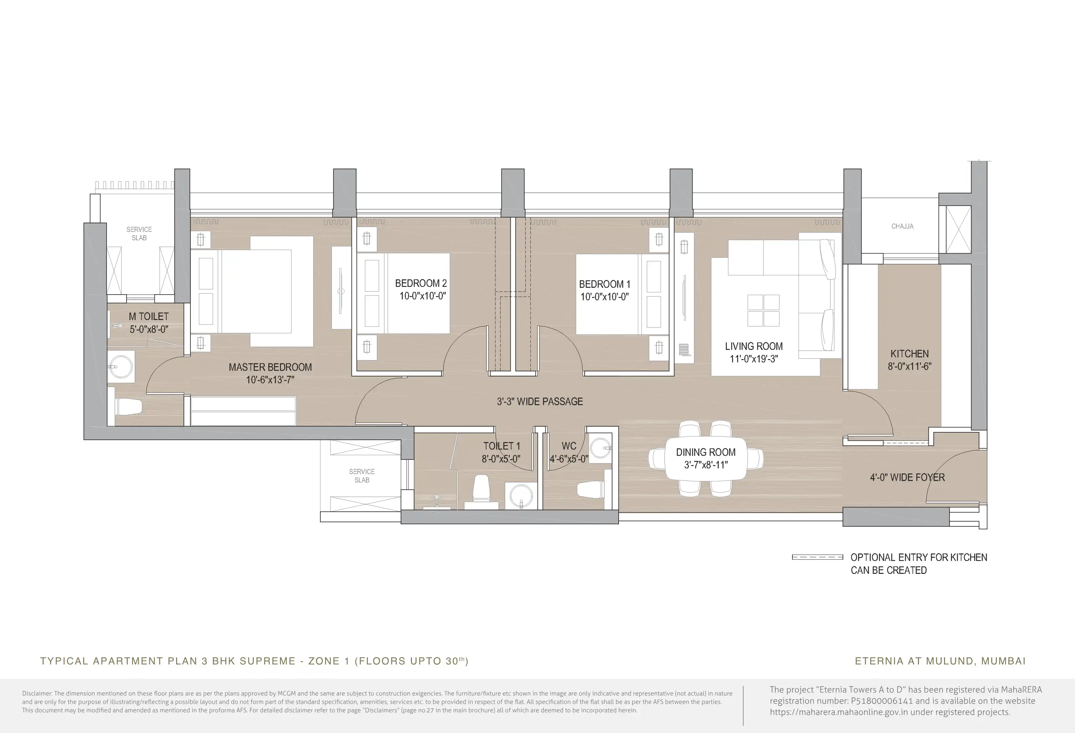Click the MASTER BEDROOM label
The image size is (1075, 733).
point(270,367)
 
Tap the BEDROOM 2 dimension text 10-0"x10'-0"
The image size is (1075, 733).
point(422,296)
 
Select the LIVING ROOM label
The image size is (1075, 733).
point(754,346)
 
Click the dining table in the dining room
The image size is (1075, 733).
point(706,458)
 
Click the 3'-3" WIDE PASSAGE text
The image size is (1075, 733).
point(540,401)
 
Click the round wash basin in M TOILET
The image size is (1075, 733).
point(121,366)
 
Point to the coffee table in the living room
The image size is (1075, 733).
point(763,310)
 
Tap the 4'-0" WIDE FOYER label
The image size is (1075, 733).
point(907,477)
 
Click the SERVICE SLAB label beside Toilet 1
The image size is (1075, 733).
point(362,476)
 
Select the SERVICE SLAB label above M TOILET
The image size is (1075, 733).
point(139,233)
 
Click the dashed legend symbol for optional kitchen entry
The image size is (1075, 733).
point(817,557)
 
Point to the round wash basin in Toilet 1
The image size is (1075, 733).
point(521,496)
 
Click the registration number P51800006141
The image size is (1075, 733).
point(882,701)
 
